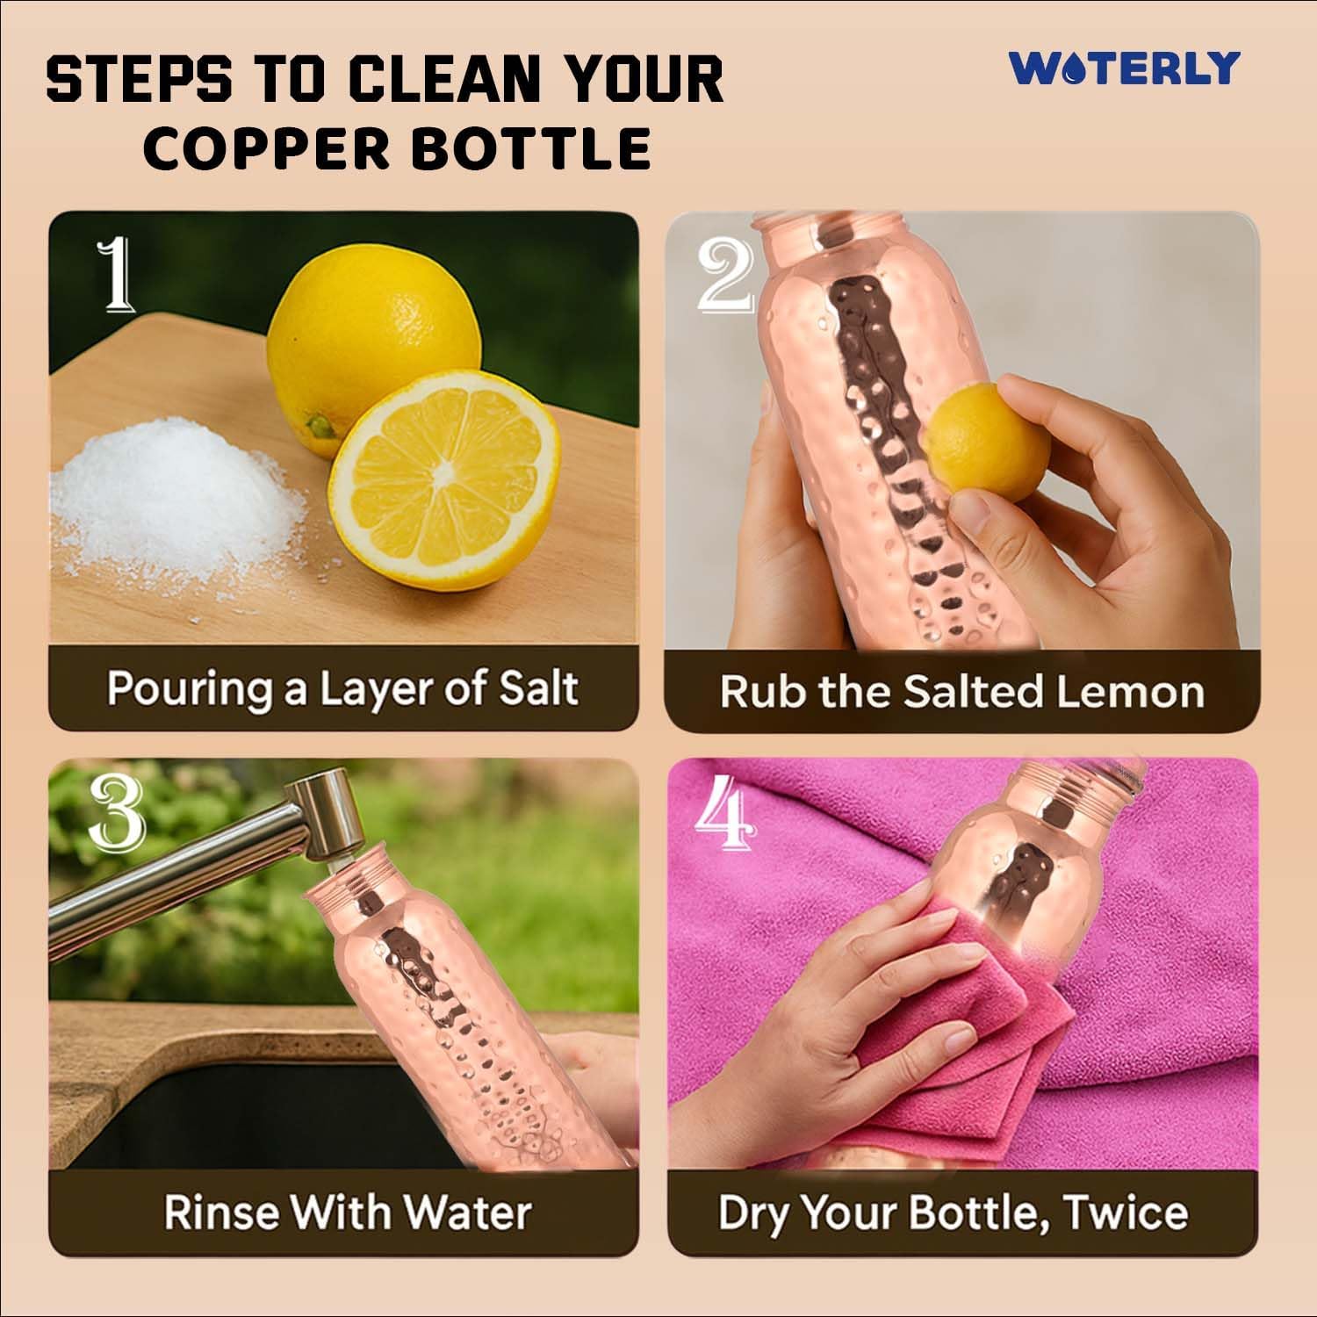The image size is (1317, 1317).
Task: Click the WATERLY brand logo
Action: [x=1124, y=68]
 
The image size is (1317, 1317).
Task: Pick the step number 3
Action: [x=116, y=812]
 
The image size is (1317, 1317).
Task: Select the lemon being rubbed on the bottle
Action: [x=988, y=443]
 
